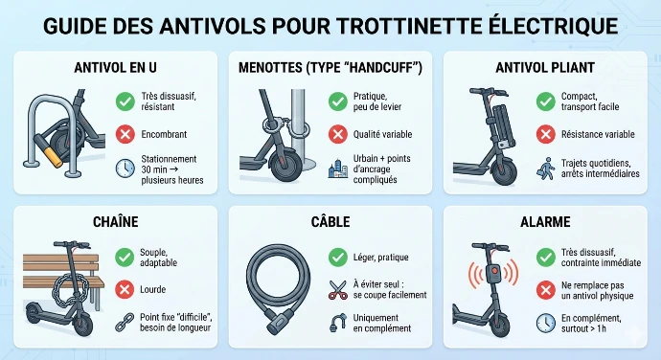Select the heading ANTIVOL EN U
tap(116, 68)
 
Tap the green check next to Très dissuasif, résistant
tap(125, 101)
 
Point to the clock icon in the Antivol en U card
tap(125, 168)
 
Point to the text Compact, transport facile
tap(592, 101)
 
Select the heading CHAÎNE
tap(116, 222)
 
